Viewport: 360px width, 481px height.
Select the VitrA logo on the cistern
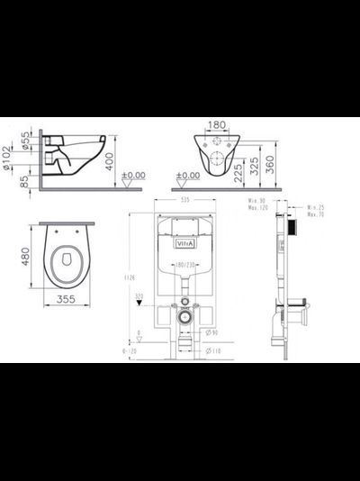coord(183,241)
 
